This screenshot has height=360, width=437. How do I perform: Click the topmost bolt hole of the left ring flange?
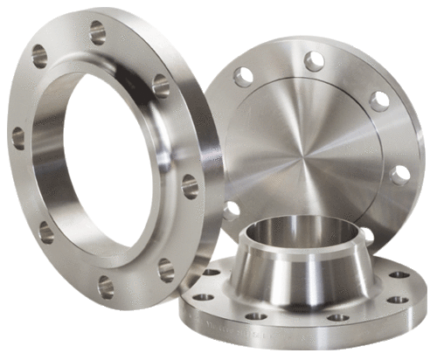[97, 34]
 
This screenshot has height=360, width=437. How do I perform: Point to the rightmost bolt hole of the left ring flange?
[190, 185]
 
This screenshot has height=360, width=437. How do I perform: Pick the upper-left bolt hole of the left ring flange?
[40, 57]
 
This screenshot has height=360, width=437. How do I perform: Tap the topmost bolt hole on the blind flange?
[314, 60]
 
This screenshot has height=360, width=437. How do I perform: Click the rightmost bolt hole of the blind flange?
[400, 175]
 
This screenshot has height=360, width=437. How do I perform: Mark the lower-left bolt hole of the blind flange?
[232, 211]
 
